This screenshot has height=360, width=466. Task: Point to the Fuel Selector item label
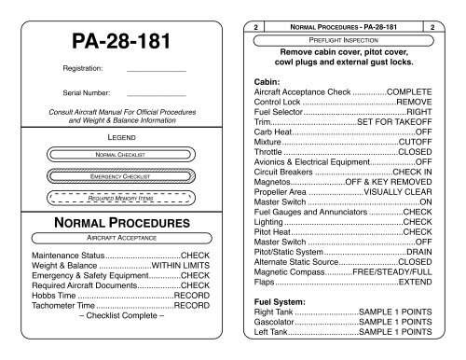click(x=283, y=110)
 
